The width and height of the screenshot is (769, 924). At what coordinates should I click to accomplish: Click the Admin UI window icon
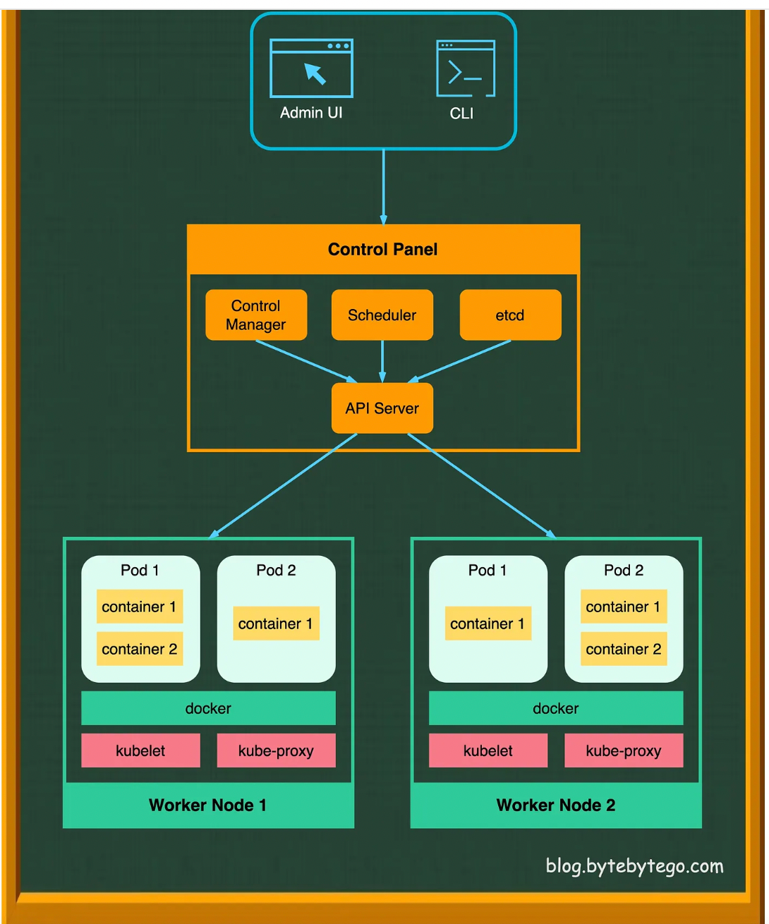[311, 68]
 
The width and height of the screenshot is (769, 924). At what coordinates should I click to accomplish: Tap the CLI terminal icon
[466, 68]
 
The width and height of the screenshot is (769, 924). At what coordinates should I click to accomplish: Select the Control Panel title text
[382, 250]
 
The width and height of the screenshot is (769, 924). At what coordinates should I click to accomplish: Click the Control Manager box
[256, 315]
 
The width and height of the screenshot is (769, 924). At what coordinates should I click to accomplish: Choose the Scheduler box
[382, 315]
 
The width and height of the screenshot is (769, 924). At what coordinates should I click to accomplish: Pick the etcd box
[510, 315]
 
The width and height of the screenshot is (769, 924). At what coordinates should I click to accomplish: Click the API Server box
[382, 408]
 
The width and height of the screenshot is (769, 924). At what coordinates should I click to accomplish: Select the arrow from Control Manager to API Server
[305, 361]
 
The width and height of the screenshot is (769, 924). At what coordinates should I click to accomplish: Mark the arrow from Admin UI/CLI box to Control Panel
[383, 187]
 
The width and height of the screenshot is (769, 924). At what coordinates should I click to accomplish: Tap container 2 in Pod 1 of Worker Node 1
[140, 649]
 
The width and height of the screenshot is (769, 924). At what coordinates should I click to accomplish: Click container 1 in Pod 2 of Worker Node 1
[276, 624]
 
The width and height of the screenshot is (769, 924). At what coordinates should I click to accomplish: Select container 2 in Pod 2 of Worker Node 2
[624, 649]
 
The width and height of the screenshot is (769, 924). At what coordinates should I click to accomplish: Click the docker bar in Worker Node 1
[208, 708]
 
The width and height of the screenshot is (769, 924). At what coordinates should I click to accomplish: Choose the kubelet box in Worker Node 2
[488, 750]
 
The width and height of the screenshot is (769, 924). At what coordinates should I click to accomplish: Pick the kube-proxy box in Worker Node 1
[276, 750]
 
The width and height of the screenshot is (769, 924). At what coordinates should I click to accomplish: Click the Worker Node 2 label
[556, 806]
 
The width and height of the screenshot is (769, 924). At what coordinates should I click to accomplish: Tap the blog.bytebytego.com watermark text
[634, 866]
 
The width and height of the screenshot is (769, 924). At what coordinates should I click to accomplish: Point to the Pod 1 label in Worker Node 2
[488, 570]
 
